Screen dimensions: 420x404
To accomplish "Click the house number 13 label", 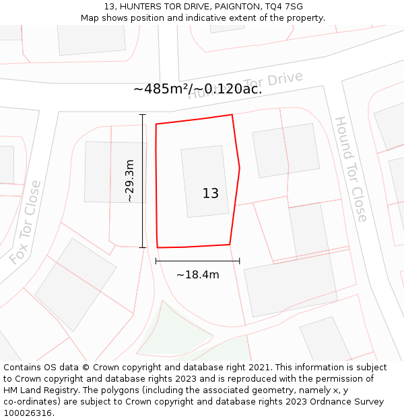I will coord(210,194).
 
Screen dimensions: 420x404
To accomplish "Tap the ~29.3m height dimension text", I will coord(130,181).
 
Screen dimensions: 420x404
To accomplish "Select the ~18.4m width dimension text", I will coord(198,274).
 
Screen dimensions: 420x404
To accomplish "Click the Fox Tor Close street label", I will coord(26,222).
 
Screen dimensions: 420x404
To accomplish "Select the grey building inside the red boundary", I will coord(204,181).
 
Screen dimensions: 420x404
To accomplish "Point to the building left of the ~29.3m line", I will coord(106,172).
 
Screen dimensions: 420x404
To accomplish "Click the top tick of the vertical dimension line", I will coord(142,115).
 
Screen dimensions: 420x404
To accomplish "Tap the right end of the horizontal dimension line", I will coord(239,261).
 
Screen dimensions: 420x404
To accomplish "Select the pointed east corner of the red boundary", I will coord(240,167).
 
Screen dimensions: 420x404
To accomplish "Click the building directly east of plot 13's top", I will coord(285,150).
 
